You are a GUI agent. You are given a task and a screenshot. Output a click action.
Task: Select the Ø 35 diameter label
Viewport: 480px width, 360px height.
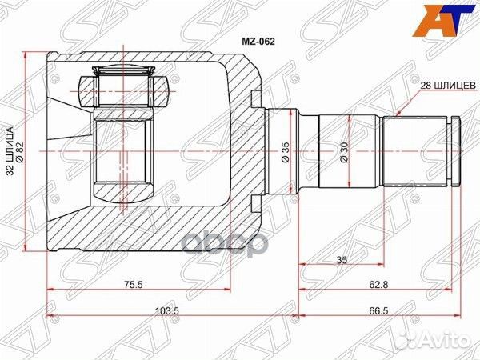(285, 152)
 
